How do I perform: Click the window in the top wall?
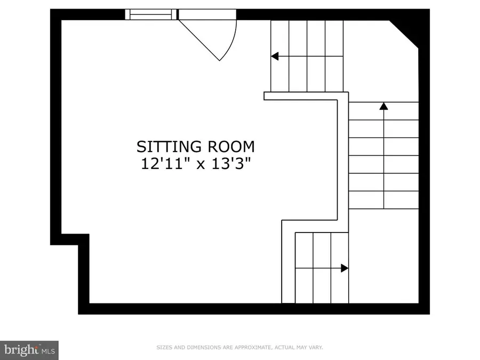click(x=151, y=14)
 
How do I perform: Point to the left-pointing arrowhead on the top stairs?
click(x=275, y=56)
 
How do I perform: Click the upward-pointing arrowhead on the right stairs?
click(x=383, y=106)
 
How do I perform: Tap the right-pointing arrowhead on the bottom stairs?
click(x=345, y=268)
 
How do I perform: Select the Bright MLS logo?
click(x=29, y=350)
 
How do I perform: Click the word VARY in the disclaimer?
click(x=316, y=348)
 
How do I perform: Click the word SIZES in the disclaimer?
click(x=163, y=348)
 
